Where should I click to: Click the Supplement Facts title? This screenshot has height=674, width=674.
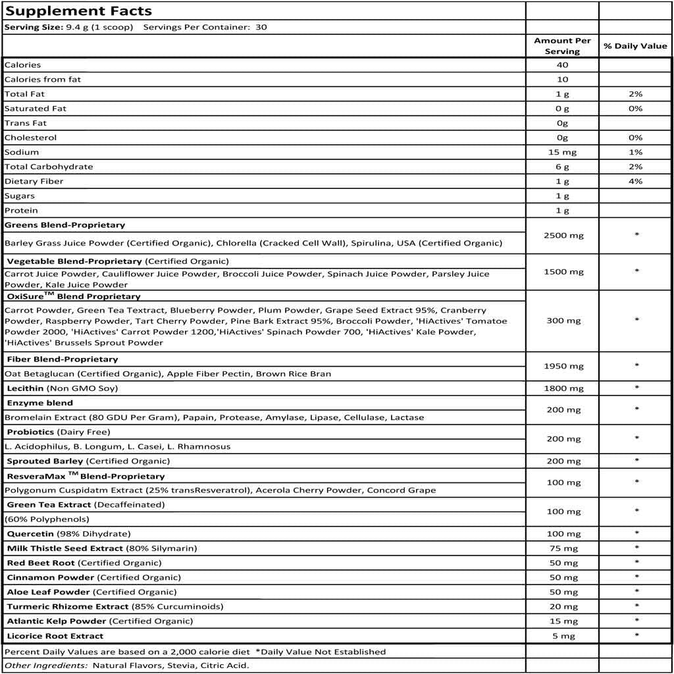point(78,11)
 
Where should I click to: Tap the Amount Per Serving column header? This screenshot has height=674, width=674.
point(562,46)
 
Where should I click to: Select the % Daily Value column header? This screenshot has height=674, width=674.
point(635,46)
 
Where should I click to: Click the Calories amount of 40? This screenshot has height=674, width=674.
point(562,65)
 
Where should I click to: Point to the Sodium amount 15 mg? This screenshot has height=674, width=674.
point(562,152)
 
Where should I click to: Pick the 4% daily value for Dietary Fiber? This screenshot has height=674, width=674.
point(635,181)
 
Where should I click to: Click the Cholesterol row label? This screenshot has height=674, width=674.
point(30,138)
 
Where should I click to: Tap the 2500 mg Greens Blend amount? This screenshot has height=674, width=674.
point(562,235)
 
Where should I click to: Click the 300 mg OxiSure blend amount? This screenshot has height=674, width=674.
point(562,321)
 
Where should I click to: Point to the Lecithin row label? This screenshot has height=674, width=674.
point(26,388)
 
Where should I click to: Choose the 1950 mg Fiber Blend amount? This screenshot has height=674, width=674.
point(562,366)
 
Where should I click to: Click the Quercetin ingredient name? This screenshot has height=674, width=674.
point(30,534)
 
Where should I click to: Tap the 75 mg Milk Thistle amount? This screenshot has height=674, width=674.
point(562,548)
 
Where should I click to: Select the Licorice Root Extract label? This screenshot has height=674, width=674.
point(55,636)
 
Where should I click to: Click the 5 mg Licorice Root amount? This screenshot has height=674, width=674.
point(562,636)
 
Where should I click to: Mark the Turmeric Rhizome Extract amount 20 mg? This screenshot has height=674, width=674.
point(562,607)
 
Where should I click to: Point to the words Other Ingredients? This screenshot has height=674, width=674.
point(45,665)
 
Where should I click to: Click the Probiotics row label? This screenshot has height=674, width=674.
point(31,432)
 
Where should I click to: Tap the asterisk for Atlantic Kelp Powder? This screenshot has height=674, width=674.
point(636,621)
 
